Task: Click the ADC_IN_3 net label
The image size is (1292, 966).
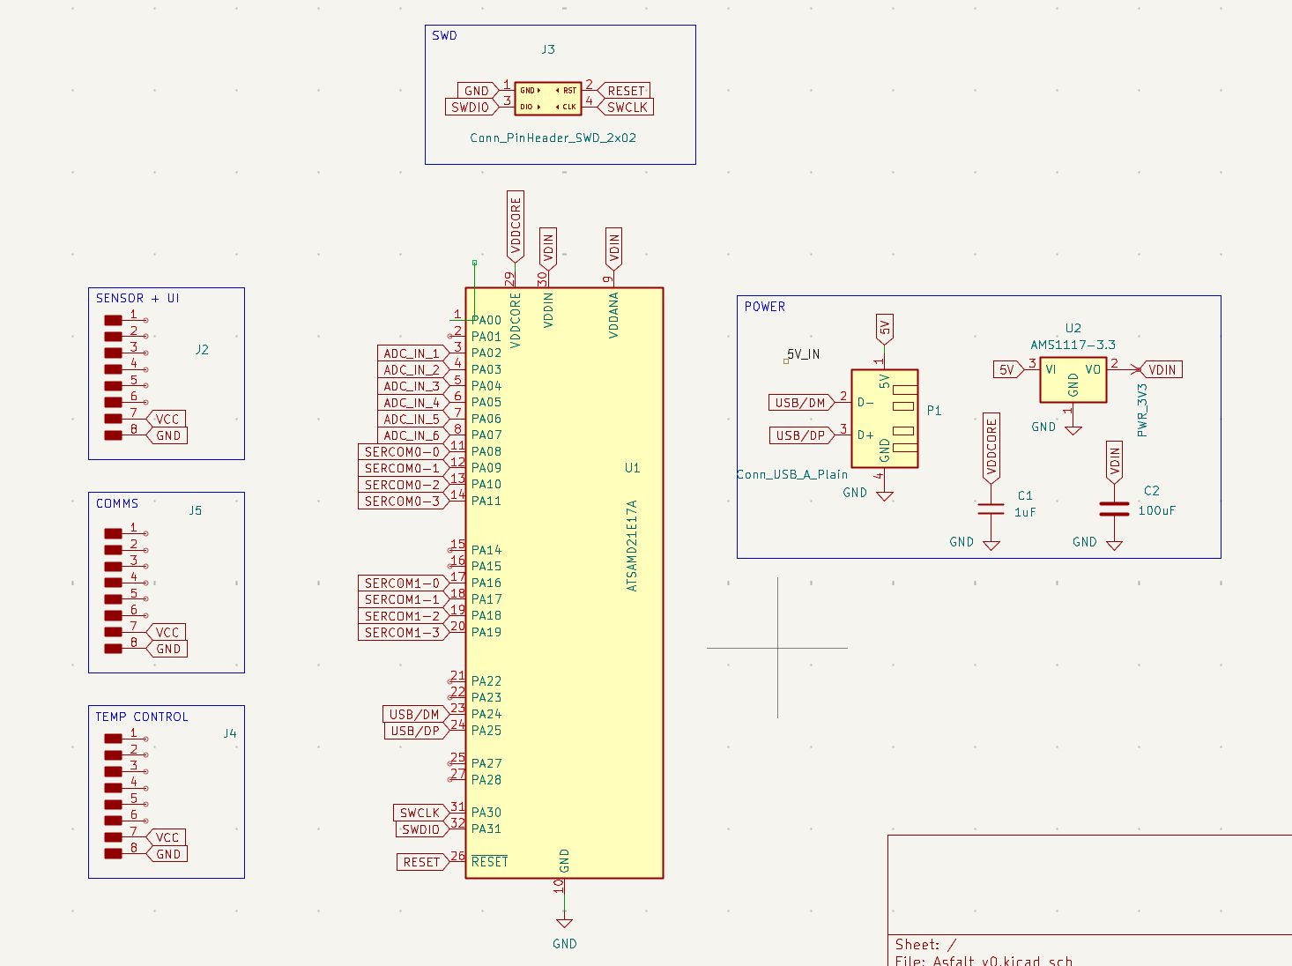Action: click(x=411, y=386)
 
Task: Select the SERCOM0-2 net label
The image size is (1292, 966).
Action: click(x=401, y=485)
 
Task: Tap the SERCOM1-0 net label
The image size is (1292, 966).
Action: click(x=401, y=583)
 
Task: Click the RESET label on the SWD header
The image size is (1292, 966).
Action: click(x=626, y=91)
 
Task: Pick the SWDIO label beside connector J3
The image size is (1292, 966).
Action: click(x=470, y=108)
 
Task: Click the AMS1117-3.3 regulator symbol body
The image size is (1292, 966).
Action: click(x=1073, y=380)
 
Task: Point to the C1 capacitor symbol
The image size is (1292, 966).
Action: click(x=991, y=509)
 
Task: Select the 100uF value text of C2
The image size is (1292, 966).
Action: click(x=1156, y=510)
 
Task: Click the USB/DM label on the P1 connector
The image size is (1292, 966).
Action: click(x=799, y=403)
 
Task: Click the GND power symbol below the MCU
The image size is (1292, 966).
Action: click(x=564, y=924)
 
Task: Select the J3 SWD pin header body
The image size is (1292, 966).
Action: click(x=547, y=99)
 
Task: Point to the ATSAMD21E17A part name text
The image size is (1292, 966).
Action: click(x=631, y=546)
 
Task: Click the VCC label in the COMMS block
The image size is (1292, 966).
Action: click(x=167, y=633)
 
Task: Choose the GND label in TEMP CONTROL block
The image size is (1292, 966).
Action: click(x=167, y=854)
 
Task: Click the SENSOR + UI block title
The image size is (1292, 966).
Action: click(x=137, y=299)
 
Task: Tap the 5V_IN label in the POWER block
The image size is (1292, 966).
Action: click(x=803, y=354)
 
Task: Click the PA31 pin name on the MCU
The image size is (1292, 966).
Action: click(x=486, y=829)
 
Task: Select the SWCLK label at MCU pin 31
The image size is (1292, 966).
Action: click(x=420, y=813)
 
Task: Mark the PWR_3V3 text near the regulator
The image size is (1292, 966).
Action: click(x=1142, y=410)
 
